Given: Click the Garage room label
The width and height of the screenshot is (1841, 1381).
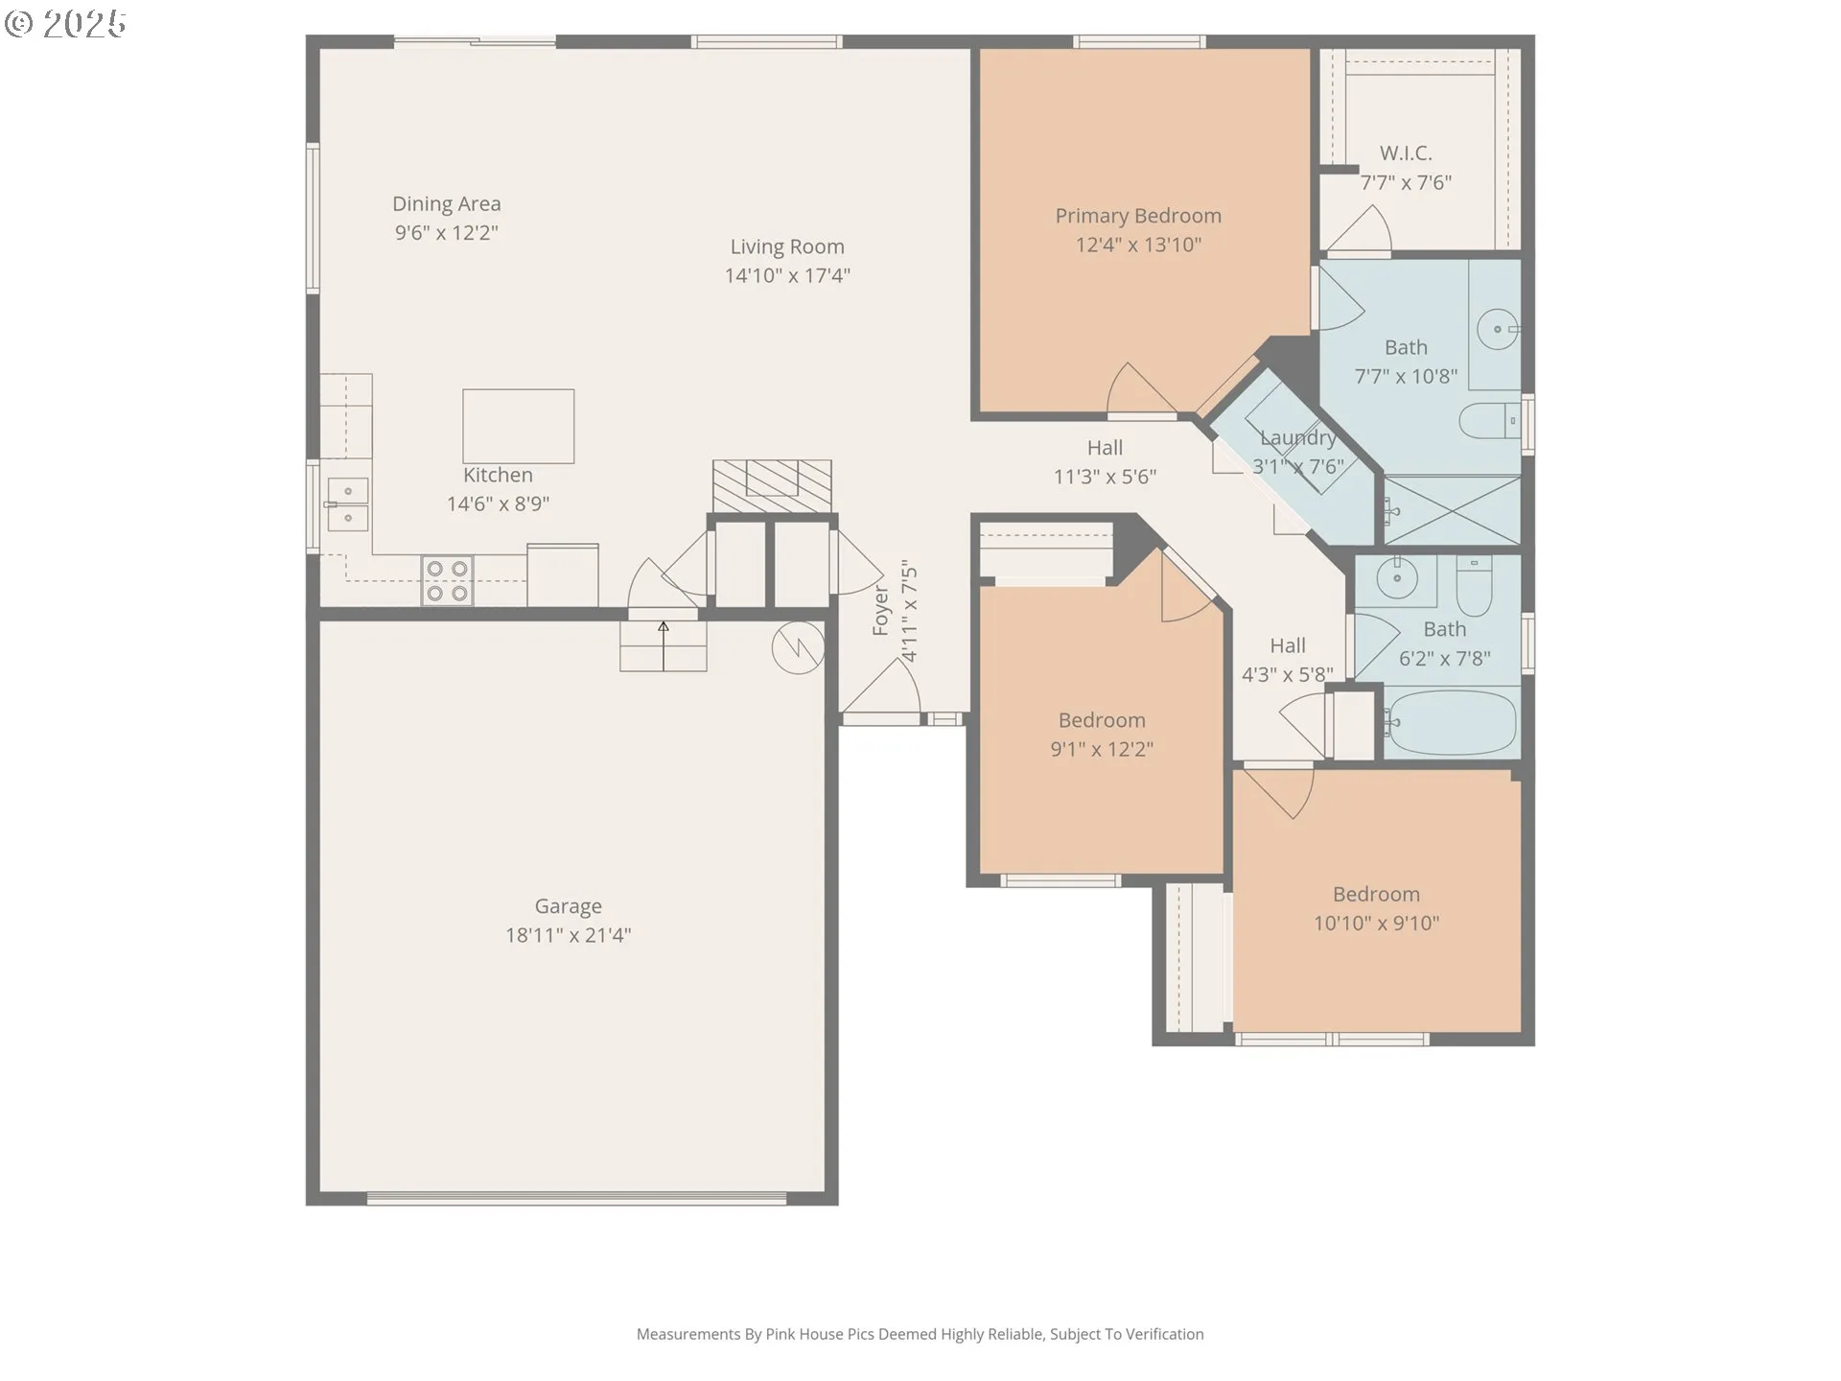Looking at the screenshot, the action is tap(568, 906).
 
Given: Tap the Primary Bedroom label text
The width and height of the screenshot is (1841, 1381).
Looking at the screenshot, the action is tap(1138, 216).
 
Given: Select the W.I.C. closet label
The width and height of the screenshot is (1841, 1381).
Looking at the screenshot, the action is tap(1406, 153).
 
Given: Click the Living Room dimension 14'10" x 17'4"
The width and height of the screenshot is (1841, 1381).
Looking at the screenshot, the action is tap(787, 276).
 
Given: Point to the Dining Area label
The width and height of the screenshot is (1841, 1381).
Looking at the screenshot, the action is tap(446, 204).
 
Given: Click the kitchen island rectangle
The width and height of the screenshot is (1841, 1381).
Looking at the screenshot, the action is tap(519, 426).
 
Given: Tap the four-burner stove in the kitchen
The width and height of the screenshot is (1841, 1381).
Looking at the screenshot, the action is tap(448, 581).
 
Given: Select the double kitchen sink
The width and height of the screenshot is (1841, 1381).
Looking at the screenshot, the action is tap(347, 504).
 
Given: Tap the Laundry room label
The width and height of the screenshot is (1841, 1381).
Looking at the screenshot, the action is tap(1298, 438).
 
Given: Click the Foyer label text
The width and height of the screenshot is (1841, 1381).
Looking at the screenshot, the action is tap(881, 610).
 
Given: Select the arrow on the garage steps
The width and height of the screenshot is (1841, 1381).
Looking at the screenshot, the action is tap(663, 645).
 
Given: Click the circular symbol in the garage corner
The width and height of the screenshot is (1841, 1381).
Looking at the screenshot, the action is tap(798, 647).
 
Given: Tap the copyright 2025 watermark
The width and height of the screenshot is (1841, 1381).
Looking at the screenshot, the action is tap(65, 24).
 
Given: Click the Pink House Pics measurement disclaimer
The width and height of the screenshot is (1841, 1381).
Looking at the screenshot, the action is tap(920, 1334).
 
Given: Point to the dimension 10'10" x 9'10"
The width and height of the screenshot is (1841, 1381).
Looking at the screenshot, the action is tap(1376, 924).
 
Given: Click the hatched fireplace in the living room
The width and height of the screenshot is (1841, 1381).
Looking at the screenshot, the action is tap(772, 486).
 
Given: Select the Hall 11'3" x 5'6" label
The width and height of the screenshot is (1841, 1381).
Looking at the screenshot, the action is tap(1105, 462).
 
